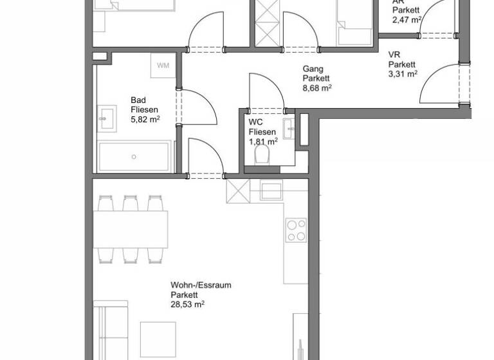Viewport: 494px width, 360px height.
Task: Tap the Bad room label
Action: pos(138,100)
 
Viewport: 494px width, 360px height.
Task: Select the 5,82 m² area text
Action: pos(145,120)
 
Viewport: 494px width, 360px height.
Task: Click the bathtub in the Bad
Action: pos(134,156)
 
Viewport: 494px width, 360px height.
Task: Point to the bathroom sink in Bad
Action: pos(107,119)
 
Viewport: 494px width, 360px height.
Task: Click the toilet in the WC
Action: pos(262,154)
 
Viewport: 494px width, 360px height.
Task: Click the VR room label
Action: pos(394,55)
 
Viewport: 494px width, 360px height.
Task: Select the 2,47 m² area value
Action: pos(407,19)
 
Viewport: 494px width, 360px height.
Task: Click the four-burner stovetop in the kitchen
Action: pos(297,230)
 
